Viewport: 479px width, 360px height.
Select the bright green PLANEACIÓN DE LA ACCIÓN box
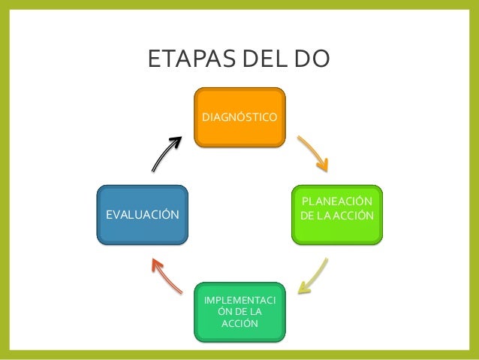click(x=336, y=215)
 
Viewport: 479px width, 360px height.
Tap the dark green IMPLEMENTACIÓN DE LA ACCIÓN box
click(x=239, y=310)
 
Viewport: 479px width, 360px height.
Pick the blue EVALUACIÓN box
click(x=143, y=215)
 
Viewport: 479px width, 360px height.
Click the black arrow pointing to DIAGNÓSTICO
click(x=167, y=154)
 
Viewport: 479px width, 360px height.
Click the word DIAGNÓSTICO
click(x=239, y=117)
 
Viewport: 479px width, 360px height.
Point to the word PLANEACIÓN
click(x=336, y=202)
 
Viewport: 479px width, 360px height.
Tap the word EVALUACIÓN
click(x=143, y=215)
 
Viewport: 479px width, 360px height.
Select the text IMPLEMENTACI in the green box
click(x=239, y=301)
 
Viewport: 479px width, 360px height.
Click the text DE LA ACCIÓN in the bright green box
click(x=336, y=216)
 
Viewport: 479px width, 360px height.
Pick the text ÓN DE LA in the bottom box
click(x=239, y=312)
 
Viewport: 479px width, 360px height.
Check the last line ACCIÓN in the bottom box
click(x=239, y=324)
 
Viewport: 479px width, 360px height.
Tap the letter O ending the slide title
click(x=320, y=59)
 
